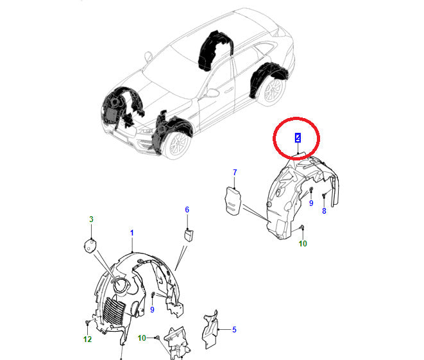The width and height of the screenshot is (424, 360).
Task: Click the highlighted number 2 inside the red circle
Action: click(298, 138)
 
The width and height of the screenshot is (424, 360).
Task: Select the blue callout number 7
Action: click(235, 172)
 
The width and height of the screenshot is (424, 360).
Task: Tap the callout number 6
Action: click(187, 210)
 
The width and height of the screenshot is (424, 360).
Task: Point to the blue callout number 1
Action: click(132, 233)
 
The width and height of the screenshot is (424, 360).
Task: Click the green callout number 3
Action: click(91, 219)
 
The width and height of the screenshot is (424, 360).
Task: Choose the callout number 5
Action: click(234, 330)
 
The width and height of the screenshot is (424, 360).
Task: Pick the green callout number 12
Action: click(87, 339)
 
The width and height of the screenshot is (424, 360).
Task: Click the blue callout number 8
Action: click(324, 210)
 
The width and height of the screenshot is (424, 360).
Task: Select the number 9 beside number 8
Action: click(311, 203)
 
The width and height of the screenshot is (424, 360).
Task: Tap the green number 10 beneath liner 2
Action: click(303, 244)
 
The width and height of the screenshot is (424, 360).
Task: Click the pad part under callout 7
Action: click(232, 201)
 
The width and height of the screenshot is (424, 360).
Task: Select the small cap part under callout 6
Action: click(189, 235)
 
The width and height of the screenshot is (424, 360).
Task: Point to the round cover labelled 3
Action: click(90, 246)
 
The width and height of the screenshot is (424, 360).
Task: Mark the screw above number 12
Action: click(87, 322)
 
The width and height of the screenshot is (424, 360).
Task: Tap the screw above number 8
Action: click(324, 195)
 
